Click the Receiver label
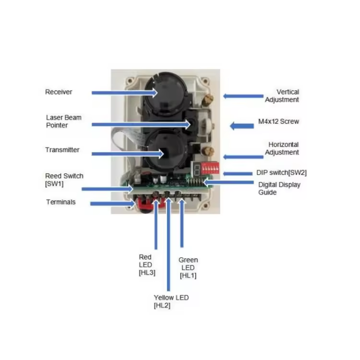click(x=59, y=92)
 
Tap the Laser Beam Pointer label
click(x=64, y=121)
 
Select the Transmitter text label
click(x=62, y=150)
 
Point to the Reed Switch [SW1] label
click(x=64, y=180)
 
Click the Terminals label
click(x=61, y=202)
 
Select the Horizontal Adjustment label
click(x=283, y=148)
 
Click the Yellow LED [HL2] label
click(x=171, y=301)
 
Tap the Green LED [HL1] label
click(x=188, y=268)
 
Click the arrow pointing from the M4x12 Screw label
click(x=241, y=126)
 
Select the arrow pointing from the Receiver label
click(x=124, y=92)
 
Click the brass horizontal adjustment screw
click(x=208, y=152)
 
